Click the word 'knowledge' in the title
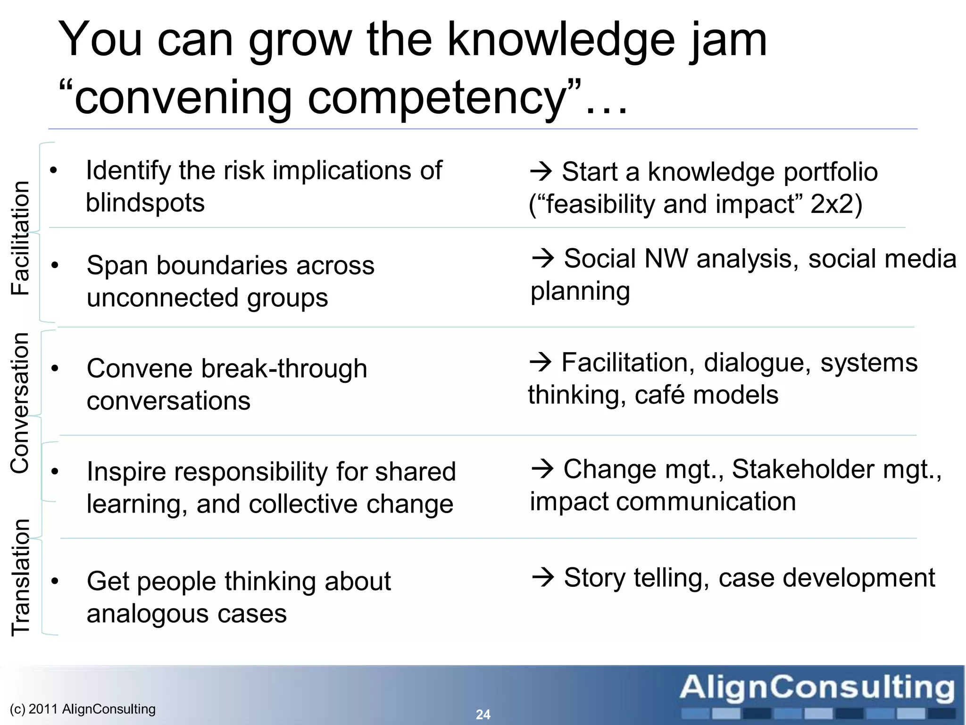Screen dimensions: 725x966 (x=560, y=41)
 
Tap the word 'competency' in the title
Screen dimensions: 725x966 (x=437, y=99)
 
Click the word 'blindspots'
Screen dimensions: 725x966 (x=145, y=203)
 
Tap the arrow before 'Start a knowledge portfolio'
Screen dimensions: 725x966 (x=541, y=171)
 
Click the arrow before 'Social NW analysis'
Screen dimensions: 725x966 (x=543, y=258)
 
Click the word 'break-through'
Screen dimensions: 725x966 (x=284, y=369)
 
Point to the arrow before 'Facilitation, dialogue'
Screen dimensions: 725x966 (x=541, y=362)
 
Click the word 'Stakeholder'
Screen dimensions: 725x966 (x=803, y=469)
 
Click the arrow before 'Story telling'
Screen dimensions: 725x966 (x=543, y=577)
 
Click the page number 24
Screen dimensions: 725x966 (x=483, y=714)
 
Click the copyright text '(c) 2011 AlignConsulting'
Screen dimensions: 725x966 (x=83, y=709)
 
